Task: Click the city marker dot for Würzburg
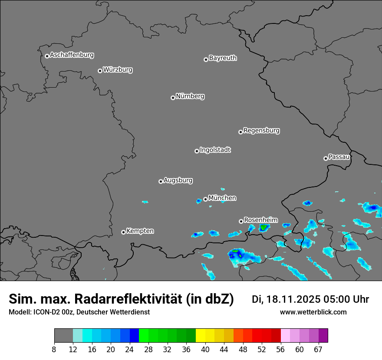[100, 71]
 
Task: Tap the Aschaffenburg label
[72, 55]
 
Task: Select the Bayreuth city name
[223, 58]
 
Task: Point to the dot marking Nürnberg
[173, 98]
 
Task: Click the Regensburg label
[261, 130]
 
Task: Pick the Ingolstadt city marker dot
[197, 151]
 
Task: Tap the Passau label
[339, 157]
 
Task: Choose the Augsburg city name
[178, 180]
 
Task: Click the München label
[222, 198]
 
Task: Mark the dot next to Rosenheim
[241, 221]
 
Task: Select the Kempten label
[140, 231]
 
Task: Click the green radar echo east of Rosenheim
[263, 227]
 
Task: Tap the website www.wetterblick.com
[313, 312]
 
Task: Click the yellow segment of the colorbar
[201, 336]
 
